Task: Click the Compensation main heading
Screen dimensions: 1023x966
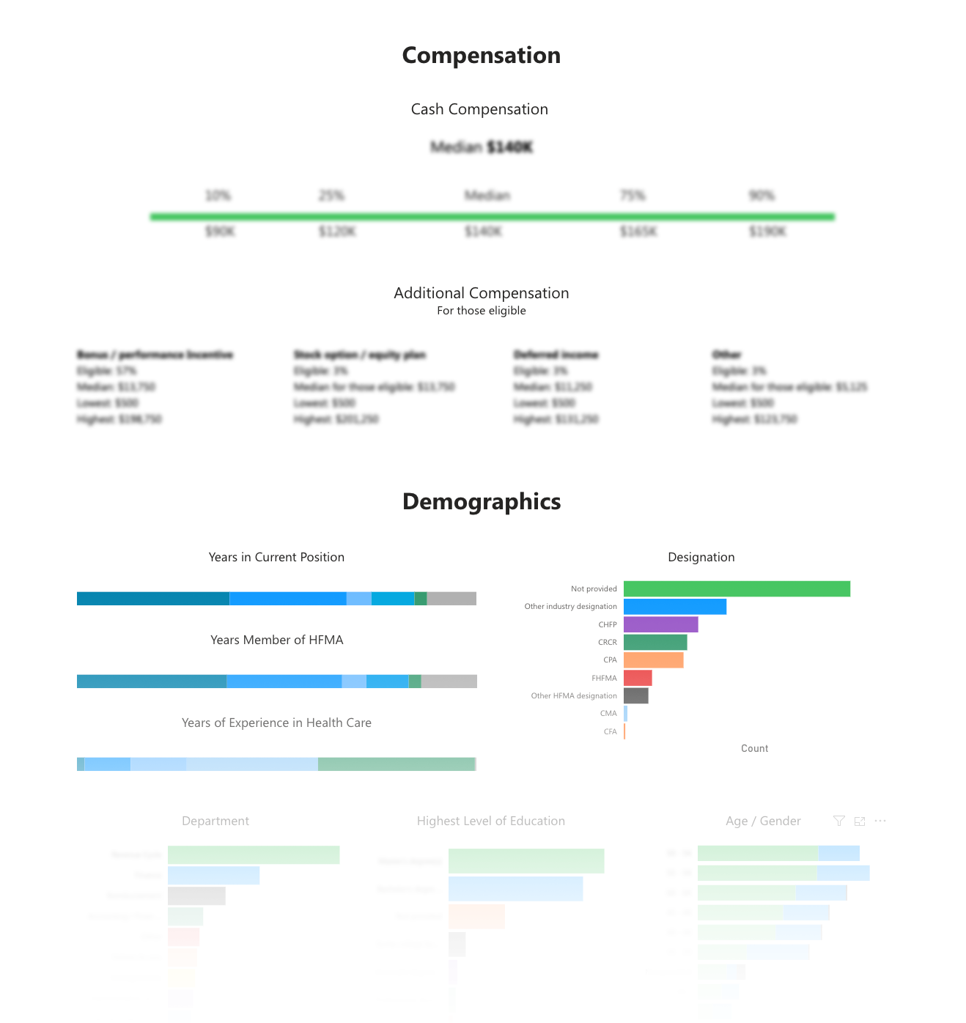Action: point(482,56)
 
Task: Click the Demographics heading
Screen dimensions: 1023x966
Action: point(482,502)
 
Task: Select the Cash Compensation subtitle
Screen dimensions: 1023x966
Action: point(479,109)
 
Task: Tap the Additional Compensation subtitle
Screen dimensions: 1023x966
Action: point(482,293)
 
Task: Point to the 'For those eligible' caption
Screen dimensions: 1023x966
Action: point(482,311)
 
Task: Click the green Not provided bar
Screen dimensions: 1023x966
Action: point(737,588)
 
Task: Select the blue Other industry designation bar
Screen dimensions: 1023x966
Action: point(675,607)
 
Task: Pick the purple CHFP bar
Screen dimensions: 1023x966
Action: point(660,624)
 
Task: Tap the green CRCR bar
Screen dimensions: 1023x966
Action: point(655,642)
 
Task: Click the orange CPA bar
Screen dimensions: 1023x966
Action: point(653,660)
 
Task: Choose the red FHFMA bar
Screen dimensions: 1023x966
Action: point(638,678)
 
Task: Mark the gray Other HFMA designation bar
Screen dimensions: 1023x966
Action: point(636,695)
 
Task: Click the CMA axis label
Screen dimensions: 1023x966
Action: point(608,714)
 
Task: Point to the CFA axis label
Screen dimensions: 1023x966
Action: point(610,731)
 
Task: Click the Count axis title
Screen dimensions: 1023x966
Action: point(754,748)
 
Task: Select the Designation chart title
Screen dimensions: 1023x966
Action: point(701,557)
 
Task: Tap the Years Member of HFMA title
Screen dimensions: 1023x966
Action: point(276,640)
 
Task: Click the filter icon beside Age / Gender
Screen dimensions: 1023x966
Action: point(839,821)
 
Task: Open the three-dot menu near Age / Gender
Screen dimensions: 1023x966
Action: point(880,821)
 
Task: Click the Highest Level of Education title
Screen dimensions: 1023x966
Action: point(490,821)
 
